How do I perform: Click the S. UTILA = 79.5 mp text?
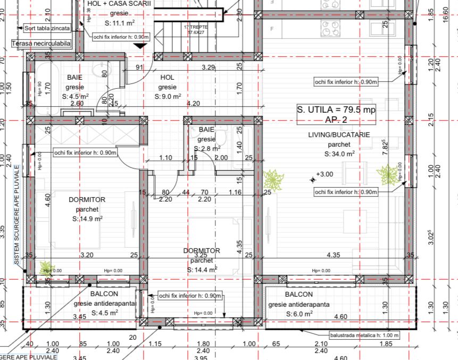coord(336,110)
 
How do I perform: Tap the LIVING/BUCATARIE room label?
coord(339,135)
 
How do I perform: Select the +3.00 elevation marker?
coord(324,174)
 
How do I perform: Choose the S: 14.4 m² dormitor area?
coord(202,270)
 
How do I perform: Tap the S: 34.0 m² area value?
coord(339,154)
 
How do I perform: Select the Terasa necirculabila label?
coord(40,43)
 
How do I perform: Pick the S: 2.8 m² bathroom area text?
coord(207,148)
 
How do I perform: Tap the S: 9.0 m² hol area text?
coord(168,97)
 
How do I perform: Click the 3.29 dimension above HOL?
coord(208,68)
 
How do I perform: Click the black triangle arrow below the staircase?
coord(140,46)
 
